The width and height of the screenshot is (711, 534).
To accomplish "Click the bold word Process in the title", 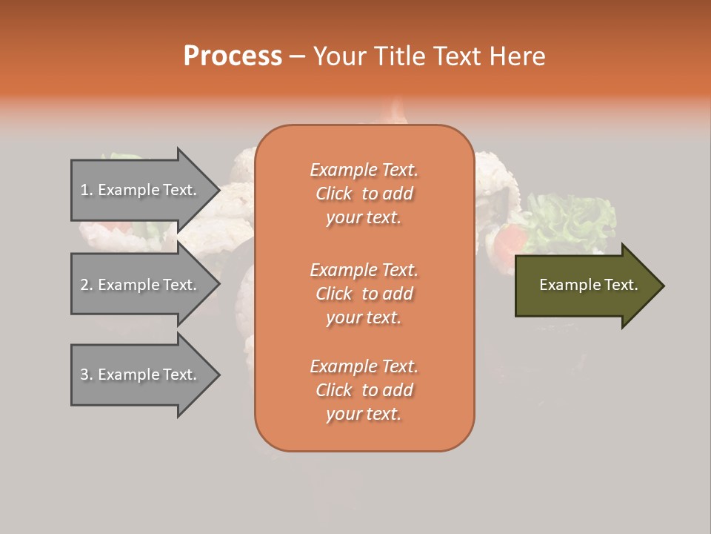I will (233, 56).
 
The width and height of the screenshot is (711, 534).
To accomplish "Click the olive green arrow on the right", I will (585, 286).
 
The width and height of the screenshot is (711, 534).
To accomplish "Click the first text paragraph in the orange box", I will (364, 194).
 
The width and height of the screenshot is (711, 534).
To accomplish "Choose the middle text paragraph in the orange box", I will (364, 294).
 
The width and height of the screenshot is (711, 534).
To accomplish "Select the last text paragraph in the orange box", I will (364, 390).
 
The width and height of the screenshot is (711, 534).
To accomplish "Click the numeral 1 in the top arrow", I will (84, 190).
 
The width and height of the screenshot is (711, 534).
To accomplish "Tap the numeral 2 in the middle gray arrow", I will (84, 285).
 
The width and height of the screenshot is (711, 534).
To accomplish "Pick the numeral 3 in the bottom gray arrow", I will (84, 375).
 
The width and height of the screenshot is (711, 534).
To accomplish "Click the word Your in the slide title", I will (340, 56).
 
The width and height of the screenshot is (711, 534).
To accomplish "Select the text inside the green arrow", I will (588, 285).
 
